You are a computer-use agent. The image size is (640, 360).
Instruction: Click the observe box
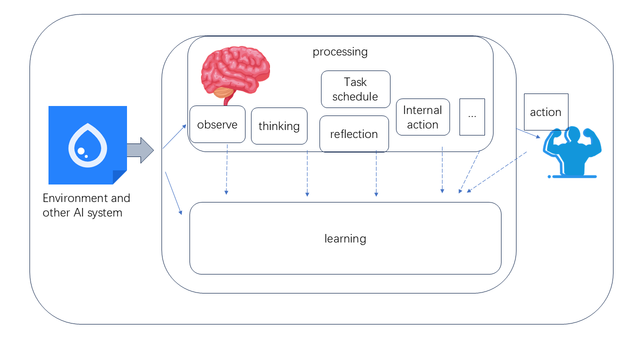[x=217, y=124]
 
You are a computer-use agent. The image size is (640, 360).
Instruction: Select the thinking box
[x=279, y=126]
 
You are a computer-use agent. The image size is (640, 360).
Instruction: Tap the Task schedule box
[x=355, y=89]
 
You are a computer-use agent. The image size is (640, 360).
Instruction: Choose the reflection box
[x=354, y=134]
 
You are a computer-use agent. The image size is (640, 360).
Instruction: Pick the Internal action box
[x=422, y=117]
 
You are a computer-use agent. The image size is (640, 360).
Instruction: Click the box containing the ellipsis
[x=472, y=116]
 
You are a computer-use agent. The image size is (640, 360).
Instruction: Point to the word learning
[x=345, y=238]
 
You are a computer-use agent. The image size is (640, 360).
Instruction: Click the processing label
[x=340, y=51]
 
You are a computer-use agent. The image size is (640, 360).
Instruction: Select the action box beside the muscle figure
[x=545, y=112]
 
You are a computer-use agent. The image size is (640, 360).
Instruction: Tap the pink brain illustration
[x=235, y=70]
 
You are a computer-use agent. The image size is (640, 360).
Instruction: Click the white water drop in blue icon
[x=87, y=145]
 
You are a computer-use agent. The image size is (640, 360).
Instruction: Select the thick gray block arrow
[x=140, y=150]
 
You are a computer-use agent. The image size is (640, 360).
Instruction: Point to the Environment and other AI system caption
[x=86, y=205]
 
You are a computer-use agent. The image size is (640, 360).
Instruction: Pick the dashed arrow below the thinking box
[x=307, y=172]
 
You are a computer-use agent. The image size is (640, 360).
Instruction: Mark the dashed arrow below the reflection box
[x=376, y=172]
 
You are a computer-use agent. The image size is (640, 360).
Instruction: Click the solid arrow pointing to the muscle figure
[x=528, y=133]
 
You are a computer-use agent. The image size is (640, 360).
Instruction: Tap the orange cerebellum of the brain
[x=223, y=92]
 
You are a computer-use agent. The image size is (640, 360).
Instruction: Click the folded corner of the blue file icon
[x=119, y=177]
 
